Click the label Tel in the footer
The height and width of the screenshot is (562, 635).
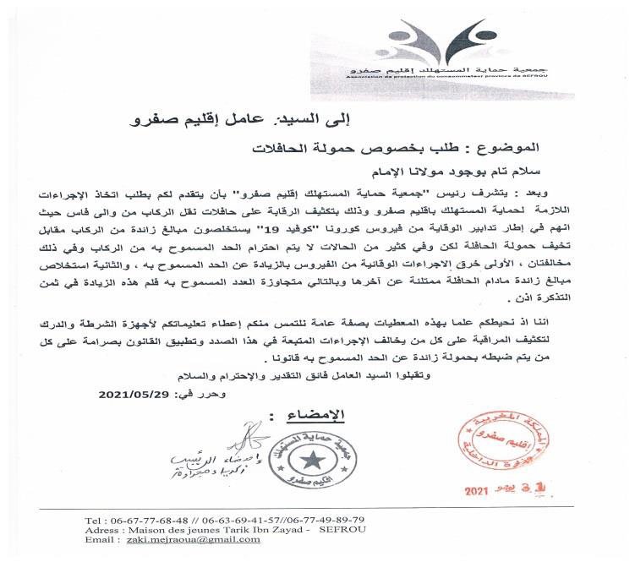point(95,519)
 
